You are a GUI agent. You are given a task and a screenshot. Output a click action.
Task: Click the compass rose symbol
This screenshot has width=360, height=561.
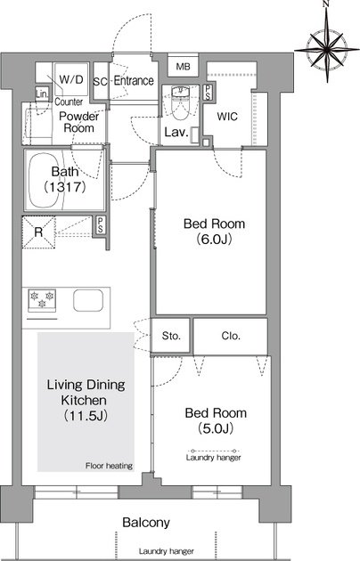(x=327, y=48)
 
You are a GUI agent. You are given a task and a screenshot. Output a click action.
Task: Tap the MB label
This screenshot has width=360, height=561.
(x=183, y=67)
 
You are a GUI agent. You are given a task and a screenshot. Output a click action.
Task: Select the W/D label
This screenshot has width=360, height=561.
(x=71, y=79)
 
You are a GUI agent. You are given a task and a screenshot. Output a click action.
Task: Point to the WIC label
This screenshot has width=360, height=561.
(x=227, y=117)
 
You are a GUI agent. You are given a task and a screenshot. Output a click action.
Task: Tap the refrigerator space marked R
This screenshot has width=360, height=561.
(x=38, y=232)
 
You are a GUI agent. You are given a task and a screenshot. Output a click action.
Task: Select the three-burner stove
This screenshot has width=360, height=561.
(x=42, y=300)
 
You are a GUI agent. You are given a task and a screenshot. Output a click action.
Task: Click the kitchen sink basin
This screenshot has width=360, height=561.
(x=88, y=300)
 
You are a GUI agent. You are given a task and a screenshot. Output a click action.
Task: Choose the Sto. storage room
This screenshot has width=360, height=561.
(x=170, y=336)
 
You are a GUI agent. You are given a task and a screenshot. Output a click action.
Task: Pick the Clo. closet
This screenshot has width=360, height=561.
(x=231, y=336)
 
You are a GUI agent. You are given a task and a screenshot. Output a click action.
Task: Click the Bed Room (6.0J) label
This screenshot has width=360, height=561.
(x=214, y=232)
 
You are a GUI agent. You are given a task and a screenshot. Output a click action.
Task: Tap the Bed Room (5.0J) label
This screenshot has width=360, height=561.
(x=216, y=420)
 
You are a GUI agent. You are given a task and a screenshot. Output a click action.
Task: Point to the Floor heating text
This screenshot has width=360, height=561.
(x=109, y=466)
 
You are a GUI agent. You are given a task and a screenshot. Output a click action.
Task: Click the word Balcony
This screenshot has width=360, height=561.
(x=145, y=523)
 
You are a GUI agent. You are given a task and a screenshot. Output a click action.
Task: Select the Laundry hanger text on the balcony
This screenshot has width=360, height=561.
(x=167, y=551)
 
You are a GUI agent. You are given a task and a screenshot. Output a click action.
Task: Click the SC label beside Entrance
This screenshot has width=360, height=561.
(x=100, y=82)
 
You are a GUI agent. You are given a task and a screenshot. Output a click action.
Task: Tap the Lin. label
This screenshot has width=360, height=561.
(x=42, y=94)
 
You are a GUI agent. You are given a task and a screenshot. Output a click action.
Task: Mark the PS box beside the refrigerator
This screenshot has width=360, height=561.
(x=100, y=225)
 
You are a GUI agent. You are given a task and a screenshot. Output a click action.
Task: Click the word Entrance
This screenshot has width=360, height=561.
(x=134, y=81)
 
